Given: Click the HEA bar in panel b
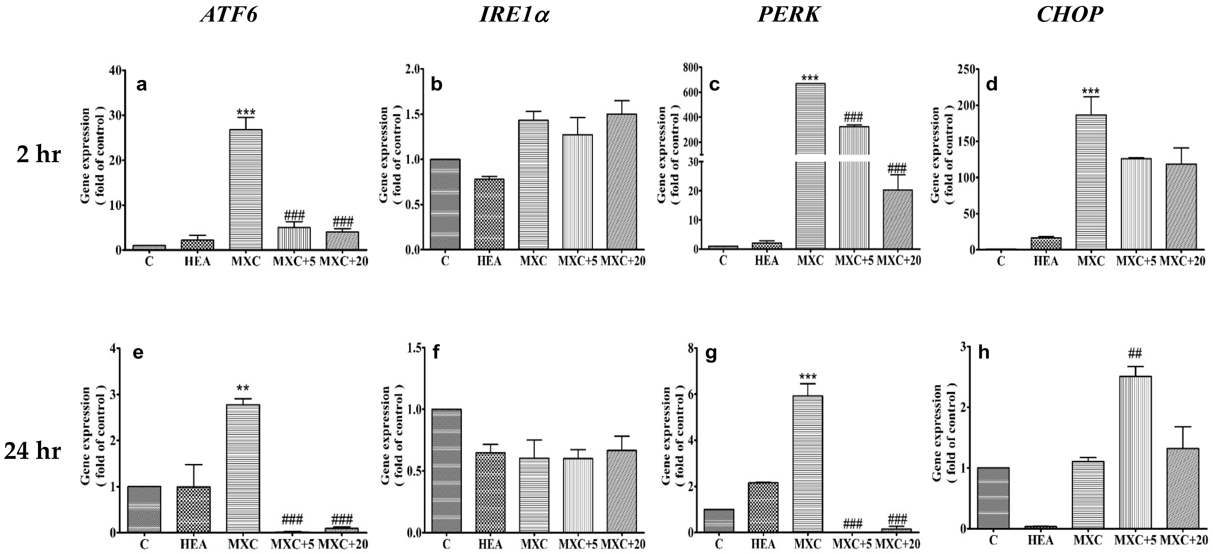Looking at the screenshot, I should tap(488, 214).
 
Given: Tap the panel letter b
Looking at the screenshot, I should tap(436, 85).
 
